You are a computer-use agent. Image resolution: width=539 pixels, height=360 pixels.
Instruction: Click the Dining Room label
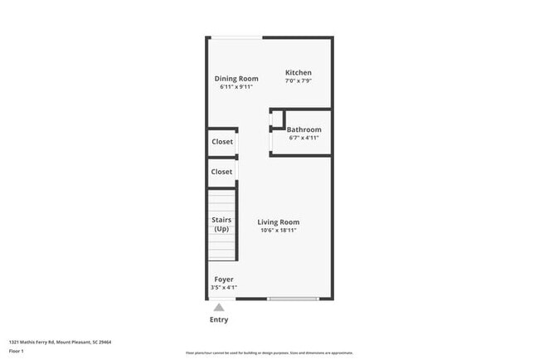pyautogui.click(x=236, y=79)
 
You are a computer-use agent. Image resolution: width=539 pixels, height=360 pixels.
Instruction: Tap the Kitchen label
pyautogui.click(x=299, y=73)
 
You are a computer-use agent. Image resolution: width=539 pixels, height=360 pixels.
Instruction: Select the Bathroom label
pyautogui.click(x=303, y=130)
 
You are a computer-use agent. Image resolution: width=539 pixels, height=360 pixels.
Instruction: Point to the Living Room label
pyautogui.click(x=278, y=222)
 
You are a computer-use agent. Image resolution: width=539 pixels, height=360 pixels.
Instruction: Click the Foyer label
pyautogui.click(x=224, y=280)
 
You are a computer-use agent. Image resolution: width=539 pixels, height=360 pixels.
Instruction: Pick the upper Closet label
pyautogui.click(x=222, y=142)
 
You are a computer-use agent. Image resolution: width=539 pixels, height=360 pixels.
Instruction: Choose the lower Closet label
pyautogui.click(x=222, y=172)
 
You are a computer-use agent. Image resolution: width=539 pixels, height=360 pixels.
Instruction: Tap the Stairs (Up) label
pyautogui.click(x=221, y=224)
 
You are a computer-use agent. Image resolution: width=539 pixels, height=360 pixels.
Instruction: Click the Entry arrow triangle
pyautogui.click(x=219, y=307)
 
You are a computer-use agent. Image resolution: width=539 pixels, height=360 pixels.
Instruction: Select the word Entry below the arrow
pyautogui.click(x=219, y=319)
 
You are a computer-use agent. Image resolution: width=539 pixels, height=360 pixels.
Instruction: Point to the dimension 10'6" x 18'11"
pyautogui.click(x=278, y=231)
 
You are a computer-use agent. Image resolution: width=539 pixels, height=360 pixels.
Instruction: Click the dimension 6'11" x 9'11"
pyautogui.click(x=236, y=86)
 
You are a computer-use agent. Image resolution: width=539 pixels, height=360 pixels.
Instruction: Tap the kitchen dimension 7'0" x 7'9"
pyautogui.click(x=299, y=81)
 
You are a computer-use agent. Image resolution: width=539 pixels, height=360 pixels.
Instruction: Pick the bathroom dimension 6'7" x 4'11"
pyautogui.click(x=303, y=138)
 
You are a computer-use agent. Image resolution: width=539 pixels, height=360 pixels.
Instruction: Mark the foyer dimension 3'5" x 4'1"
pyautogui.click(x=224, y=287)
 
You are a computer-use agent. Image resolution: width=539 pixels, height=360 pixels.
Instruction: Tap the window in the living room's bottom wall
pyautogui.click(x=293, y=299)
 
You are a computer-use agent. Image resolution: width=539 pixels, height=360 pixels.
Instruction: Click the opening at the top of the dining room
pyautogui.click(x=236, y=37)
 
